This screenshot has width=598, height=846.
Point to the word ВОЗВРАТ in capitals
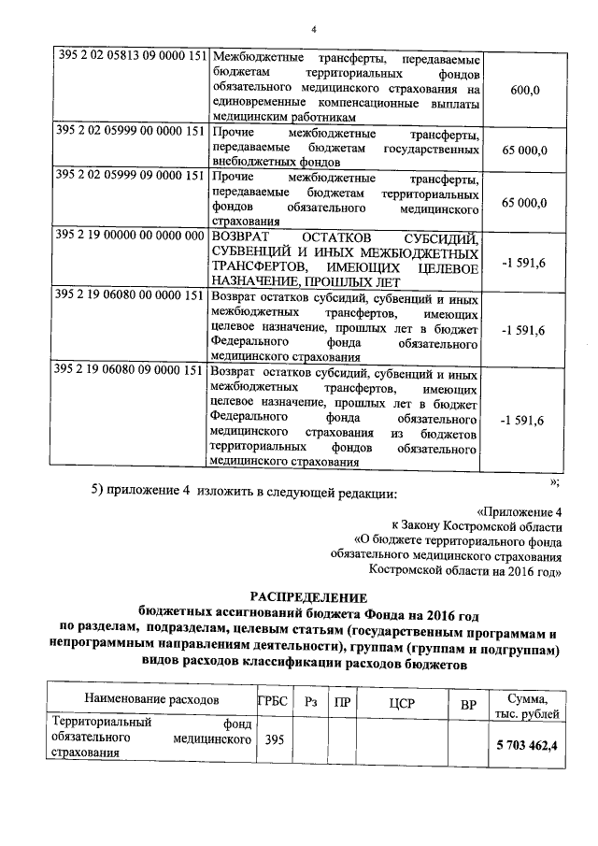tap(246, 236)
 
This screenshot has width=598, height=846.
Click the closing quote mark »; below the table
tap(554, 480)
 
